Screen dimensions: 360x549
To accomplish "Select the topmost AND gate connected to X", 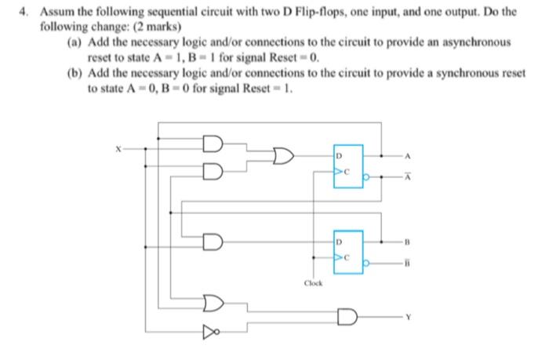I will (212, 145).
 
